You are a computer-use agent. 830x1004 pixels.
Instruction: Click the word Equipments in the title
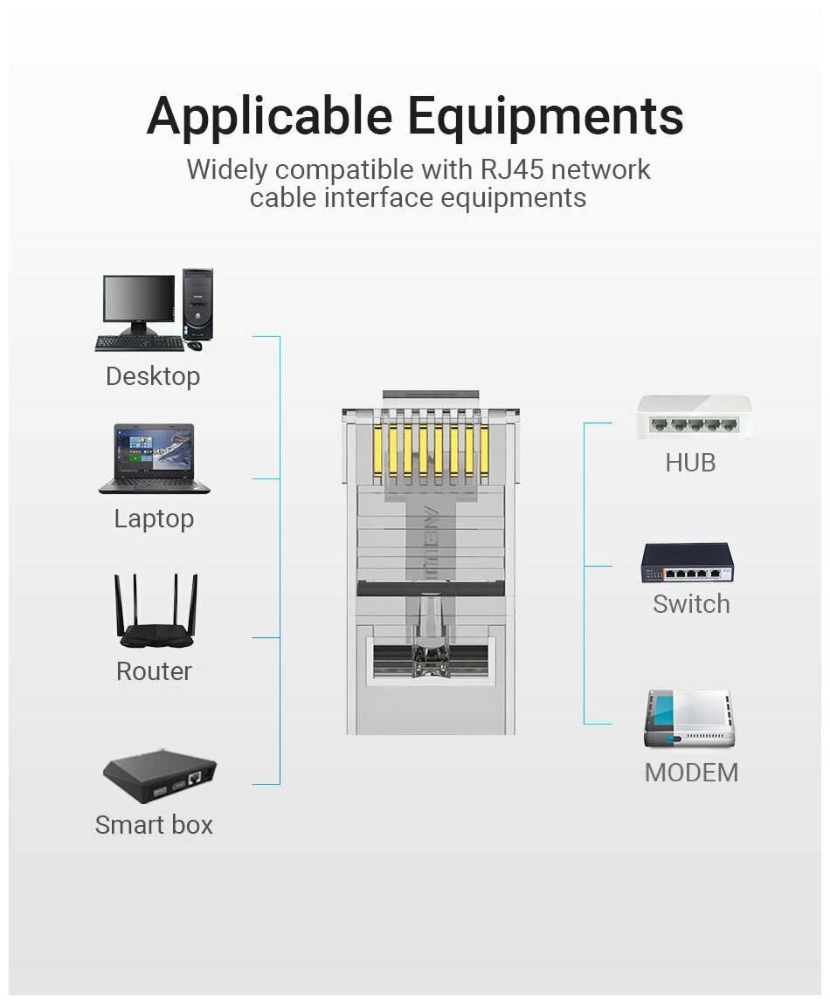(546, 116)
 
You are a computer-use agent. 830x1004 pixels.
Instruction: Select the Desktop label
(153, 376)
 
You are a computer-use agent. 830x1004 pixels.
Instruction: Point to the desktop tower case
(198, 304)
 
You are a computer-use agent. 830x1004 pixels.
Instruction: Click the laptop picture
(154, 459)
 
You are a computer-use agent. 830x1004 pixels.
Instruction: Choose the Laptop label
(154, 519)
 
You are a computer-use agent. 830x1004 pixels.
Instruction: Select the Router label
(154, 671)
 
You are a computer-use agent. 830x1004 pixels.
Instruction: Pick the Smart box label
(154, 825)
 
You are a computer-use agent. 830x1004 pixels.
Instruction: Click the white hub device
(694, 417)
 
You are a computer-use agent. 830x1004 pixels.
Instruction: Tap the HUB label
(690, 463)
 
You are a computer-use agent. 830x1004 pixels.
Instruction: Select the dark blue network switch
(688, 563)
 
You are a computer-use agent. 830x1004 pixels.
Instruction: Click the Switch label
(691, 604)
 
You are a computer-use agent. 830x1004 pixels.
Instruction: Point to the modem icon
(689, 719)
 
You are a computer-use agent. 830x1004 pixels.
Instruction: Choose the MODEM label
(691, 773)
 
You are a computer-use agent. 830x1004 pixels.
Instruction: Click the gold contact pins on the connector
(430, 448)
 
